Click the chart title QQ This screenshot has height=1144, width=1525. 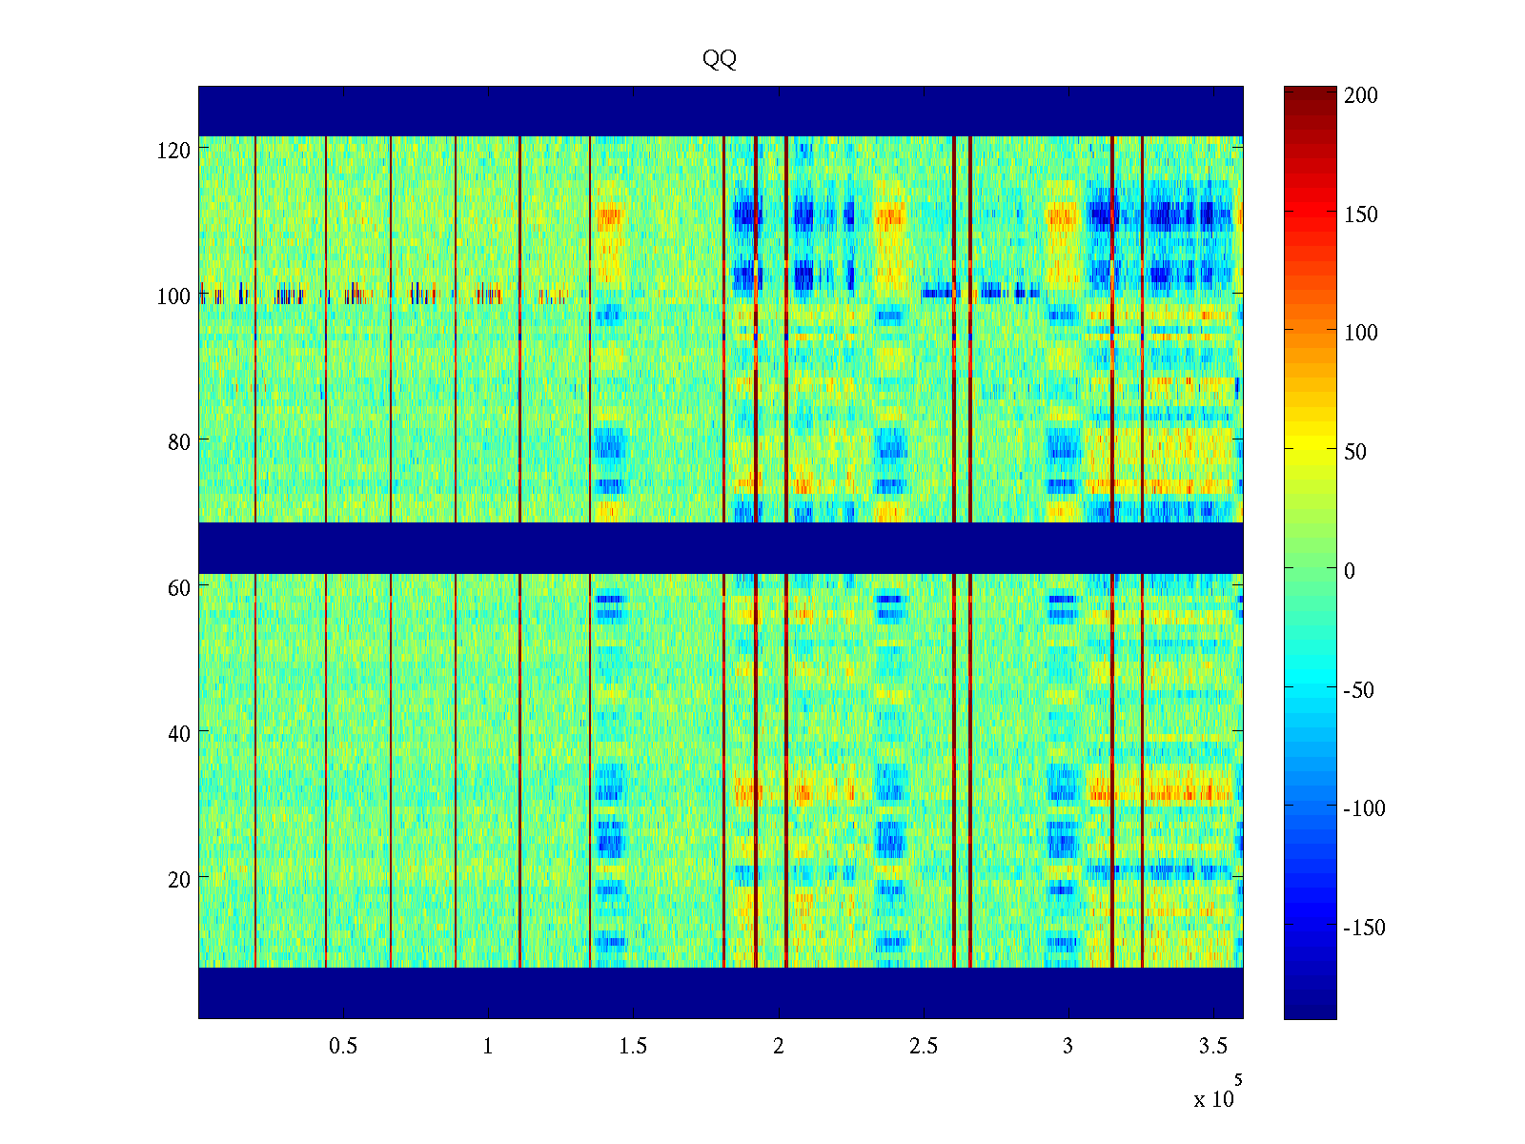pos(720,59)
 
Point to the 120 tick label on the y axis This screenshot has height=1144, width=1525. pos(173,150)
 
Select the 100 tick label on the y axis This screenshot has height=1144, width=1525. pos(173,296)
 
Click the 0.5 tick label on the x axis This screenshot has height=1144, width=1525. pos(343,1047)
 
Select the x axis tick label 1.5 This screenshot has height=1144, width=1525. pos(633,1047)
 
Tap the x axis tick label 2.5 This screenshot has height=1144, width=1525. pos(923,1047)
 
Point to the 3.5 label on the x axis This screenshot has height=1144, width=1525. pos(1212,1047)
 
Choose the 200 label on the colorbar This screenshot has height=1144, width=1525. pos(1361,95)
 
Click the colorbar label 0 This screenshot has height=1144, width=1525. pos(1349,571)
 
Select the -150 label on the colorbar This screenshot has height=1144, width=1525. pos(1364,928)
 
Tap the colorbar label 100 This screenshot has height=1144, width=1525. pos(1361,333)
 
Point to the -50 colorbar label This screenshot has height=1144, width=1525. pos(1359,690)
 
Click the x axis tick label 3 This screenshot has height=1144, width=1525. pos(1067,1047)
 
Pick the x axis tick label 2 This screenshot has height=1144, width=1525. pos(778,1047)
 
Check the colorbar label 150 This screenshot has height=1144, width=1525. pos(1361,214)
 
